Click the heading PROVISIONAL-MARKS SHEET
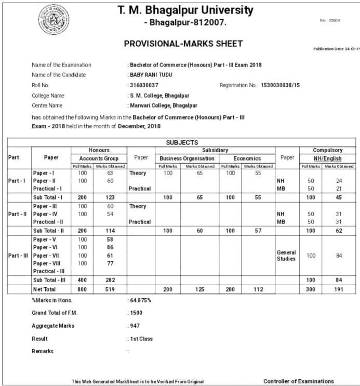tap(183, 44)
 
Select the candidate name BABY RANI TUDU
tap(151, 75)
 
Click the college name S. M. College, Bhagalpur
tap(159, 96)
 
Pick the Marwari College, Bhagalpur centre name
tap(163, 106)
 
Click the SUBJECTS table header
tap(182, 142)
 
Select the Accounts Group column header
tap(99, 158)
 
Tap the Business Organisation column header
tap(187, 158)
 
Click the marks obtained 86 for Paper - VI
tap(110, 247)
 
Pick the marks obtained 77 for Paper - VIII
tap(110, 263)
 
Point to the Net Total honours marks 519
tap(110, 289)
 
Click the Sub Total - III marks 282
tap(110, 280)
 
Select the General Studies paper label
tap(286, 255)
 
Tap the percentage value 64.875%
tap(140, 301)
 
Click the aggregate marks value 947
tap(135, 326)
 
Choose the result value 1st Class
tap(141, 339)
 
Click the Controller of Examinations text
tap(299, 381)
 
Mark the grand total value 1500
tap(136, 313)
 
